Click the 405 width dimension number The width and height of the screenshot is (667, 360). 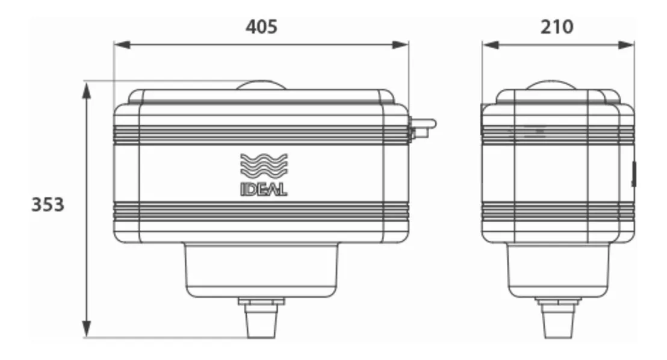261,27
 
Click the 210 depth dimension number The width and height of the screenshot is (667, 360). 557,27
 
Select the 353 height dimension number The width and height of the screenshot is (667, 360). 48,204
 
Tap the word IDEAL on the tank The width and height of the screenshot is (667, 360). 264,189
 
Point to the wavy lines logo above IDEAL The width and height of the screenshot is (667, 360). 264,166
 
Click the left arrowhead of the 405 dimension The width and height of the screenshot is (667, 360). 123,45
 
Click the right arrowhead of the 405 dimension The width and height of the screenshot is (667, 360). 400,45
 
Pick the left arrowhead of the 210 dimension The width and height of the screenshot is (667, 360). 491,45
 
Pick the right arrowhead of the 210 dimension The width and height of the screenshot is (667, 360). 625,45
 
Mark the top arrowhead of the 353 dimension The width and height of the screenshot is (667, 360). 87,91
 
